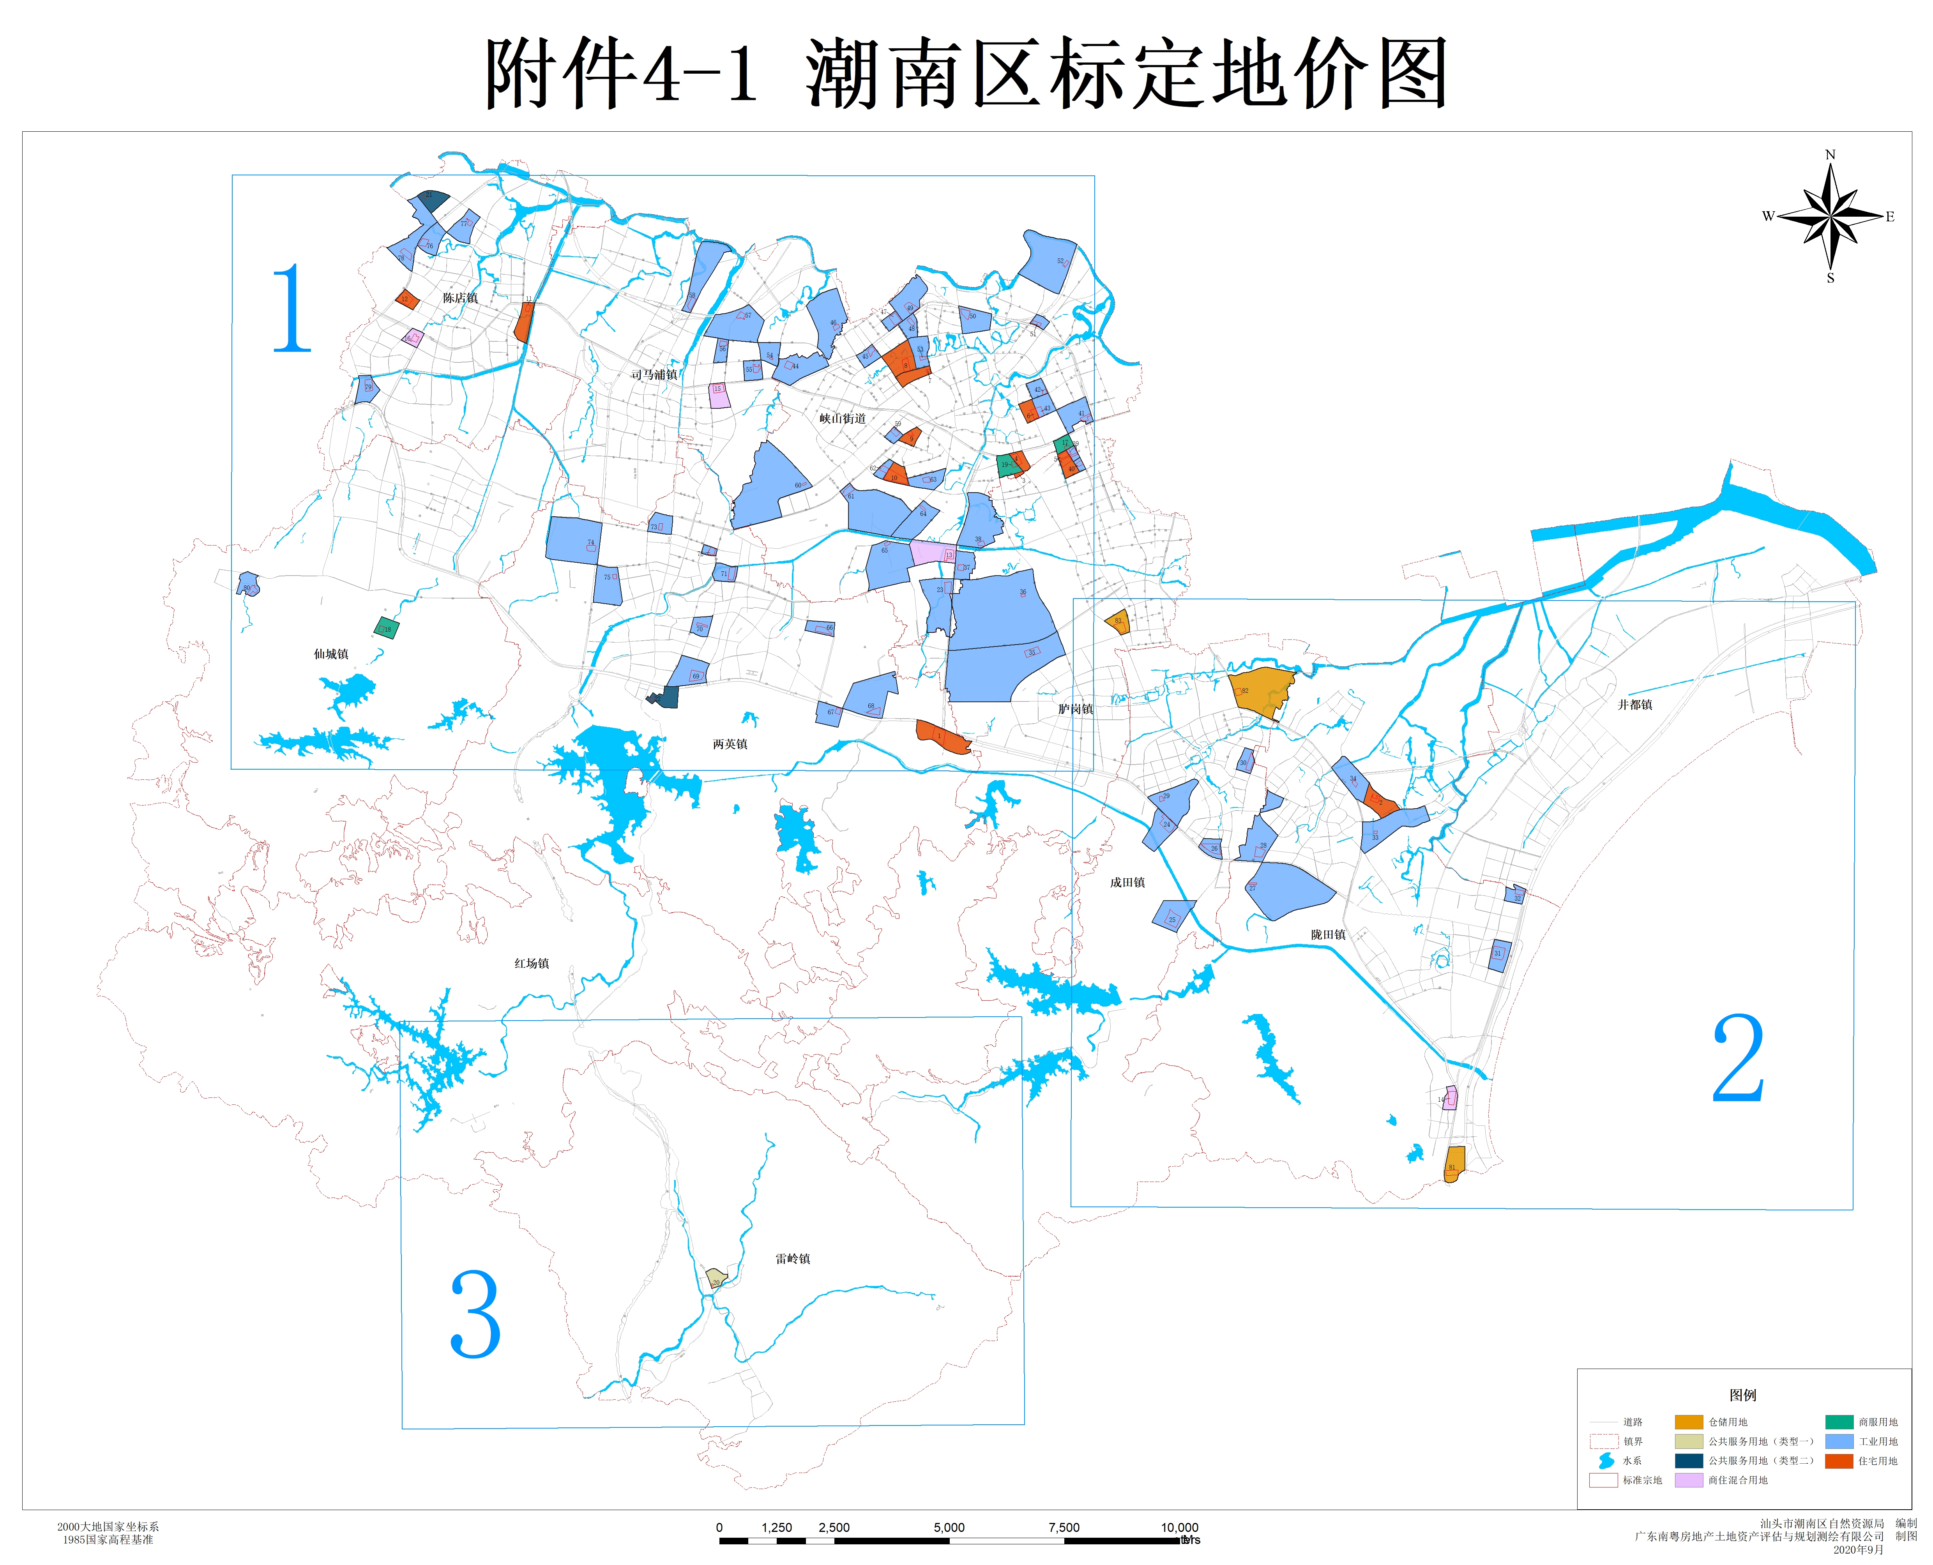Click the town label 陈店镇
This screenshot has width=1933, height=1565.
pyautogui.click(x=460, y=299)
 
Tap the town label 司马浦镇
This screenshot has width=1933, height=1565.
pyautogui.click(x=654, y=375)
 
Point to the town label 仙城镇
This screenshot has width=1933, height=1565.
pyautogui.click(x=331, y=655)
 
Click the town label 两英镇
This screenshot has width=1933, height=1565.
pyautogui.click(x=730, y=745)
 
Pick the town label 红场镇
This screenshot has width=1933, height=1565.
pyautogui.click(x=531, y=964)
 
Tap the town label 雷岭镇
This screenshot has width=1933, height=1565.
pyautogui.click(x=793, y=1259)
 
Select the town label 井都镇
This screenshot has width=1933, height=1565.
pyautogui.click(x=1634, y=705)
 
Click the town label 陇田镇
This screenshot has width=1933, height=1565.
pyautogui.click(x=1328, y=935)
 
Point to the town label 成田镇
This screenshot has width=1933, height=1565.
pyautogui.click(x=1127, y=883)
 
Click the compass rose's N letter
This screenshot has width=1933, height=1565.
pyautogui.click(x=1830, y=155)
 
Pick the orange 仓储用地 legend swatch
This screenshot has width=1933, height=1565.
pyautogui.click(x=1689, y=1422)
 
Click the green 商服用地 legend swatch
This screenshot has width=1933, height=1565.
pyautogui.click(x=1839, y=1422)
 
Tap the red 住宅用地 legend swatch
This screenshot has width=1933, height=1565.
pyautogui.click(x=1839, y=1461)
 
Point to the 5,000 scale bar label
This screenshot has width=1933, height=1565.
pyautogui.click(x=949, y=1527)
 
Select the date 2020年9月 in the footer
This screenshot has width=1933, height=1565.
pyautogui.click(x=1858, y=1550)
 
